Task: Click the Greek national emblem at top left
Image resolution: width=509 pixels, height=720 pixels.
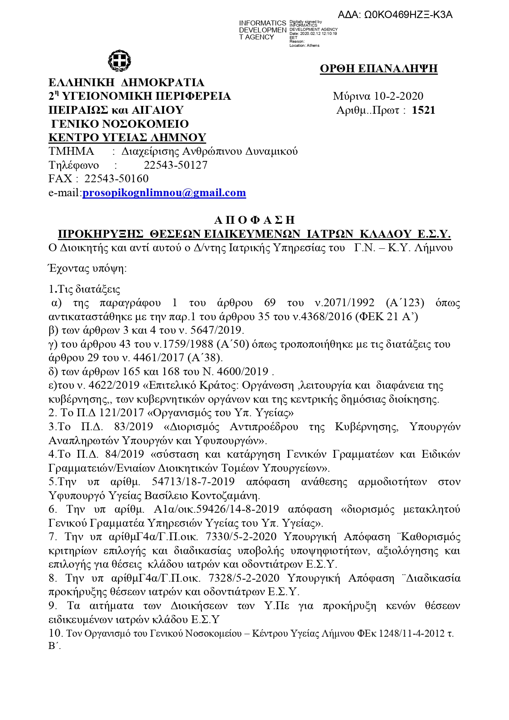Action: [119, 61]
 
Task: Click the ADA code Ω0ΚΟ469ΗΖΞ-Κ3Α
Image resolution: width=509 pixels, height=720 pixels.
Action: [395, 15]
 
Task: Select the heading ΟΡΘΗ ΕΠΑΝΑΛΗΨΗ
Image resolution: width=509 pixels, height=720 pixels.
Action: [379, 69]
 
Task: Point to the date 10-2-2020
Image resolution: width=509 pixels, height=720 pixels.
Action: [399, 96]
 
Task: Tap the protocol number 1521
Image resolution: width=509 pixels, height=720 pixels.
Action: [423, 110]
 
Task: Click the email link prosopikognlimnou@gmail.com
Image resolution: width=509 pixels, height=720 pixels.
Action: [164, 193]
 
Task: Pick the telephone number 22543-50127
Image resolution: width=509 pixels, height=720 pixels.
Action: [176, 165]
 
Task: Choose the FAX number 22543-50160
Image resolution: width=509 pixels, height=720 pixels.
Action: [116, 179]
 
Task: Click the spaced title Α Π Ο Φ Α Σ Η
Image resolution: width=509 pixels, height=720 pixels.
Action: [254, 220]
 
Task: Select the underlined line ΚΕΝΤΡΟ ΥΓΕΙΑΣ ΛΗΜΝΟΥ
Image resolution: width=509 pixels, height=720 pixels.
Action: [127, 138]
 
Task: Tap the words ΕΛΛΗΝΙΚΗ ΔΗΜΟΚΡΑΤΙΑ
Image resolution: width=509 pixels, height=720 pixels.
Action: [126, 83]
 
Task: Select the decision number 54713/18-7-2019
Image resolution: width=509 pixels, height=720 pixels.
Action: [193, 482]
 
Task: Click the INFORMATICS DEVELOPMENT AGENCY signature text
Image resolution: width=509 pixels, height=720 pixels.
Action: [262, 30]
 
